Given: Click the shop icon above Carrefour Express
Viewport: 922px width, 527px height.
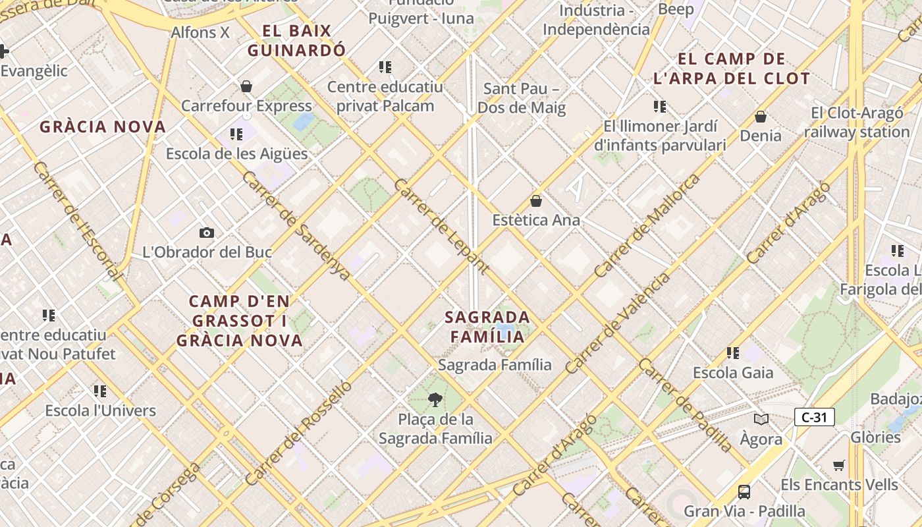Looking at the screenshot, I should pos(246,86).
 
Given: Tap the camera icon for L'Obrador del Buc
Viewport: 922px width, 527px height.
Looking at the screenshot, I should pos(207,233).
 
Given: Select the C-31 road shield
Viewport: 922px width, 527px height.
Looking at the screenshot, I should pos(814,417).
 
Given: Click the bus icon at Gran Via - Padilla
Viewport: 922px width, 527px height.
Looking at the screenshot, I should pos(744,491).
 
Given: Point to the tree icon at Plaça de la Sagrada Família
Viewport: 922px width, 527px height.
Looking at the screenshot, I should pos(435,399).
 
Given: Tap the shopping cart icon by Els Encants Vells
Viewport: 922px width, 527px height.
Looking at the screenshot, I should pos(838,466).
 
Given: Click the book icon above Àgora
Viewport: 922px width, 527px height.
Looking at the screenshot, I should pos(761,419).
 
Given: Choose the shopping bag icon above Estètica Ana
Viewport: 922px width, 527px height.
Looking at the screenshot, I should pos(536,201).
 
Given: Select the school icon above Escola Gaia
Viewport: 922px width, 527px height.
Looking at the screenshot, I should pos(733,353).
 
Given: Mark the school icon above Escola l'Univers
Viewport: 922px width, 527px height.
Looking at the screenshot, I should pos(100,391).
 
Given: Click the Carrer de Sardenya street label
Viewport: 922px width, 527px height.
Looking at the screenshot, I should pos(296,226).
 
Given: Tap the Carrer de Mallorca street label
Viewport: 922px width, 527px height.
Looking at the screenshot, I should pos(647,226).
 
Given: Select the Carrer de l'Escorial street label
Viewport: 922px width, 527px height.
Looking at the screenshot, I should pos(77,221).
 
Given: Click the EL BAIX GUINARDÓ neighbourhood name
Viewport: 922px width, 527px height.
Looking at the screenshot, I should pos(296,41).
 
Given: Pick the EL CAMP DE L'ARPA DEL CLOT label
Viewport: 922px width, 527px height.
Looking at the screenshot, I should pos(732,69).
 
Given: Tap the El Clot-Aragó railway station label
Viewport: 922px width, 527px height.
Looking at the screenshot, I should pos(857,123).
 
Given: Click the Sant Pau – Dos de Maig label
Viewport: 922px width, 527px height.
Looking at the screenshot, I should pos(522,98).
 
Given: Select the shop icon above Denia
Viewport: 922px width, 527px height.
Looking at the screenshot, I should pos(761,117).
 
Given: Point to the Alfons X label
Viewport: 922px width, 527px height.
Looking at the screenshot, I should pos(200,32).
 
